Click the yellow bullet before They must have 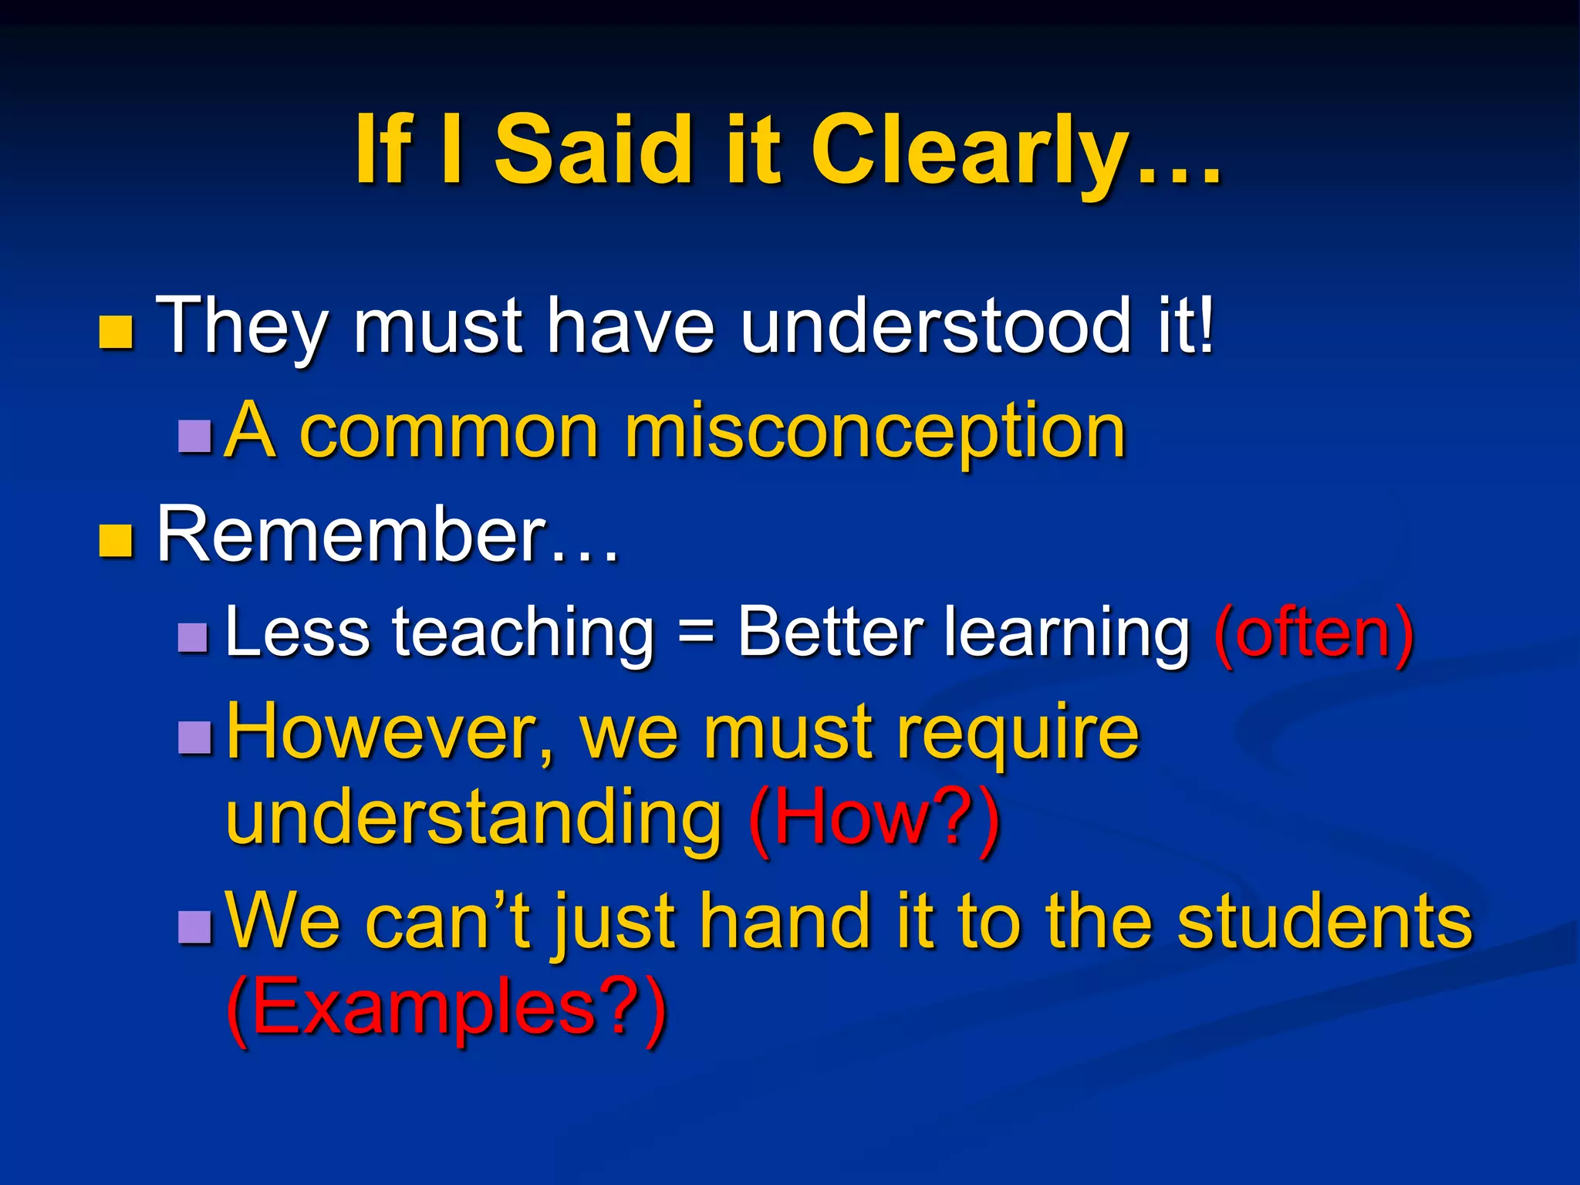click(x=116, y=333)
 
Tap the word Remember click(x=352, y=534)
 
